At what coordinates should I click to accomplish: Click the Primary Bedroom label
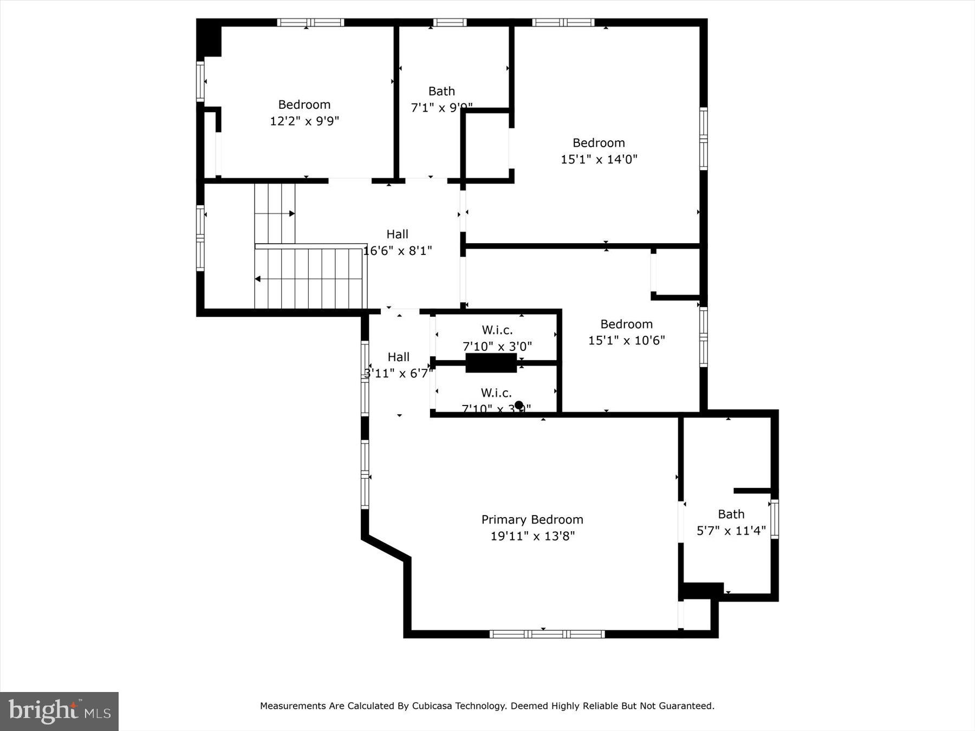(532, 520)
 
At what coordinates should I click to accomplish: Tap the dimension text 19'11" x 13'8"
(532, 536)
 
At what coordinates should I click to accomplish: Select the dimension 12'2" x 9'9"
(304, 121)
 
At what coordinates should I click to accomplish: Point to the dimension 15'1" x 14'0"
(599, 159)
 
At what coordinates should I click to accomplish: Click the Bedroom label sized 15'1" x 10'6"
(626, 324)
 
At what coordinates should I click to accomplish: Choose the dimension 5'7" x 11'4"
(731, 531)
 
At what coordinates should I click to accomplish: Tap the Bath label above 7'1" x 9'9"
(441, 91)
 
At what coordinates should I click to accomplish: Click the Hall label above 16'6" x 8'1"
(397, 234)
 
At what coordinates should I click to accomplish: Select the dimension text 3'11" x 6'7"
(398, 374)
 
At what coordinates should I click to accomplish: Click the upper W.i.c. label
(497, 330)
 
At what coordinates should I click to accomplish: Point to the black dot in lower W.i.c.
(518, 405)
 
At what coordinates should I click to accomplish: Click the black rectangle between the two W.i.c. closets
(491, 363)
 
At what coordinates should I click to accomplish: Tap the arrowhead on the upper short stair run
(292, 214)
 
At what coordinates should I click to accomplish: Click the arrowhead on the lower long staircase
(258, 279)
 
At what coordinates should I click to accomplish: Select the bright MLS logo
(59, 711)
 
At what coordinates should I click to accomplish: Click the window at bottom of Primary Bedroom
(547, 634)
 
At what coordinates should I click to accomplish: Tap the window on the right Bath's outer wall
(775, 519)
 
